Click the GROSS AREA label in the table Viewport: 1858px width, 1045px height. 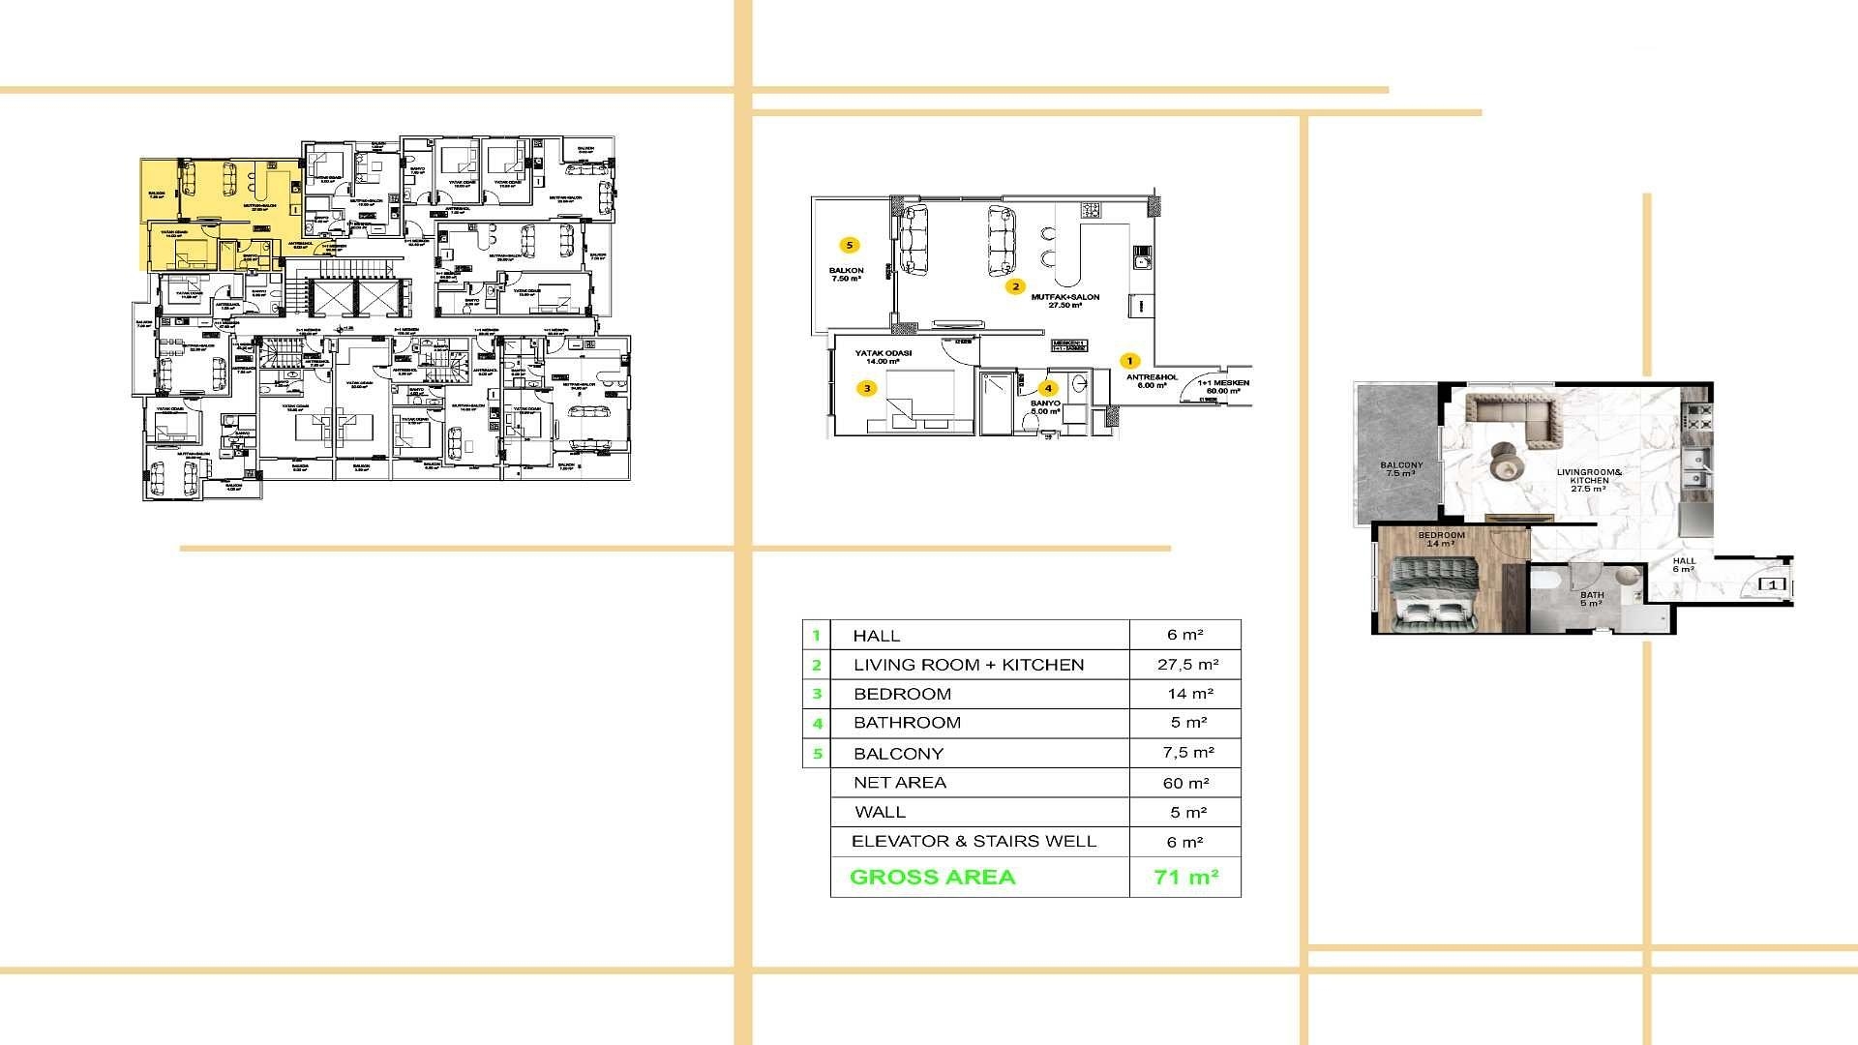point(932,878)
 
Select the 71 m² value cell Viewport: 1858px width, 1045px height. point(1185,878)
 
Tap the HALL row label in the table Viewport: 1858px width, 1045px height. point(876,636)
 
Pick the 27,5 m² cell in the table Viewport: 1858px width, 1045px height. point(1187,665)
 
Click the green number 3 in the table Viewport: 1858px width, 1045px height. point(817,694)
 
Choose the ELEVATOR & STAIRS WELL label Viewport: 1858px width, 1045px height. point(974,842)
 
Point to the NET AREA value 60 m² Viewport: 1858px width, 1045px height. point(1185,783)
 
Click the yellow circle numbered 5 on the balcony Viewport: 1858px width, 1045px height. point(850,246)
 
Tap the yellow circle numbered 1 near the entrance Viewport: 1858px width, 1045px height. point(1129,361)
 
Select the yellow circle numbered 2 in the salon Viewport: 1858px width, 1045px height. point(1015,286)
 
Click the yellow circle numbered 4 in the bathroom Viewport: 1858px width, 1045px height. point(1048,389)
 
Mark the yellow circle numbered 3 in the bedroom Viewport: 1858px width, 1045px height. point(867,389)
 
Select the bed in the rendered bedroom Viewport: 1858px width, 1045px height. point(1434,595)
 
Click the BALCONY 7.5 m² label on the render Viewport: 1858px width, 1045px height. point(1400,469)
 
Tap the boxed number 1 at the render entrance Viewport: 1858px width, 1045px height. point(1772,585)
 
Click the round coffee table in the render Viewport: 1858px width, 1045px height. point(1504,462)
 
